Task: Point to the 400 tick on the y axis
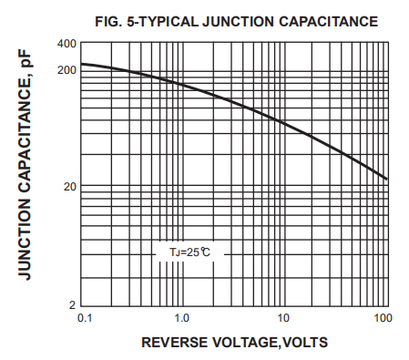point(66,44)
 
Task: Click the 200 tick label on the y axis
point(66,69)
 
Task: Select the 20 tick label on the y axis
point(69,187)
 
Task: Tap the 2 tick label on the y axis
point(73,304)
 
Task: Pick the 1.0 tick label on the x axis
point(182,319)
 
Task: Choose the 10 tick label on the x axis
point(283,319)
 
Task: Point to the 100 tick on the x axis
point(383,319)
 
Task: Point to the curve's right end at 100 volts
point(387,179)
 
